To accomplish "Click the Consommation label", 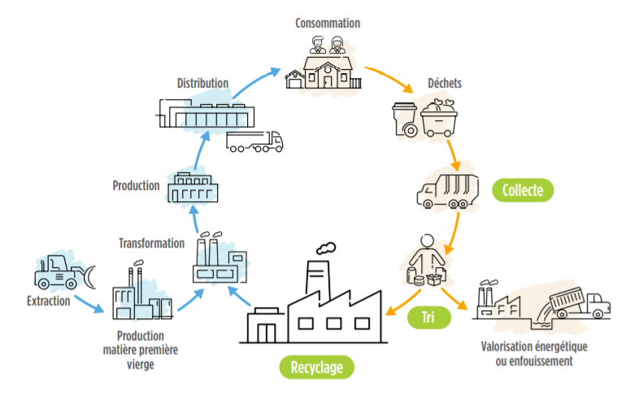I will point(328,23).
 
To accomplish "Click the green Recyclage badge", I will point(322,367).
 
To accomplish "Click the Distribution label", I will point(202,83).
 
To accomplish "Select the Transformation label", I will point(151,243).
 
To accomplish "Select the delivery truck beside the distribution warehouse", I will point(255,142).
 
